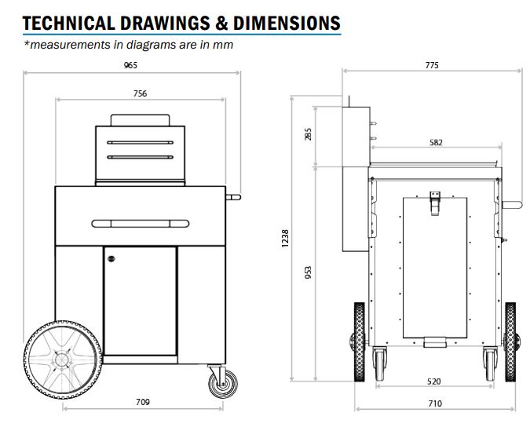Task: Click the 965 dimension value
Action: point(130,65)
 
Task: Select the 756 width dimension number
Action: point(140,93)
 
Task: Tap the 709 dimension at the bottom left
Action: point(143,402)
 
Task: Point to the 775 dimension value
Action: point(432,65)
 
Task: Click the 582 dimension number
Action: point(436,143)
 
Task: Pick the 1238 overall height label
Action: point(285,239)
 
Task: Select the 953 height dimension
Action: point(308,272)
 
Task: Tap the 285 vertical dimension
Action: point(308,134)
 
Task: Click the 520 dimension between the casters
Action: point(434,382)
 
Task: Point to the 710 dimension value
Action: point(435,404)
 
